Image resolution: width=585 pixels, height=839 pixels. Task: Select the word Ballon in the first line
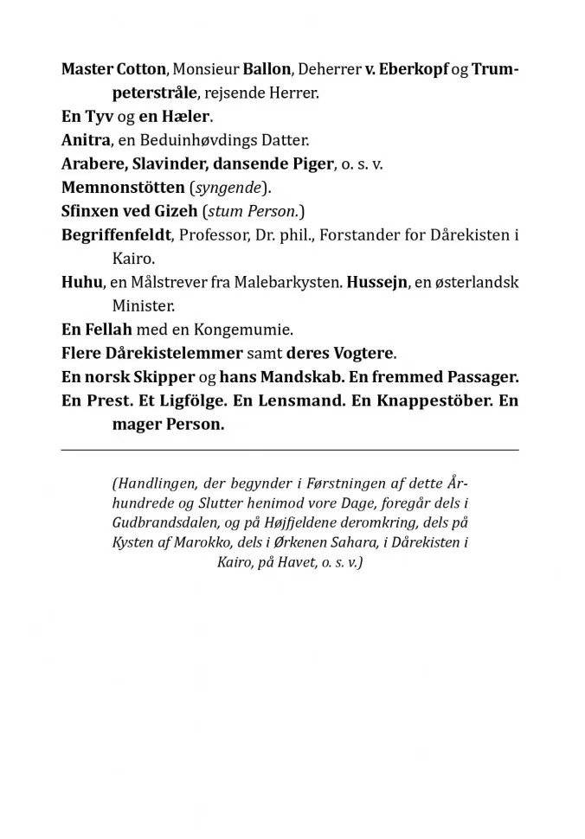click(x=266, y=70)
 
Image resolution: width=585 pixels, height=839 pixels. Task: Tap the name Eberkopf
click(x=414, y=70)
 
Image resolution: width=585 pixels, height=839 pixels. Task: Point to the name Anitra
click(x=84, y=140)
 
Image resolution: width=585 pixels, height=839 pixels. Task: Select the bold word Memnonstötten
click(x=123, y=187)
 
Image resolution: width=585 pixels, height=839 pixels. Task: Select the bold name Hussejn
click(x=378, y=282)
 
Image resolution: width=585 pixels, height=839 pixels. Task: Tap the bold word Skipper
click(x=164, y=377)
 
